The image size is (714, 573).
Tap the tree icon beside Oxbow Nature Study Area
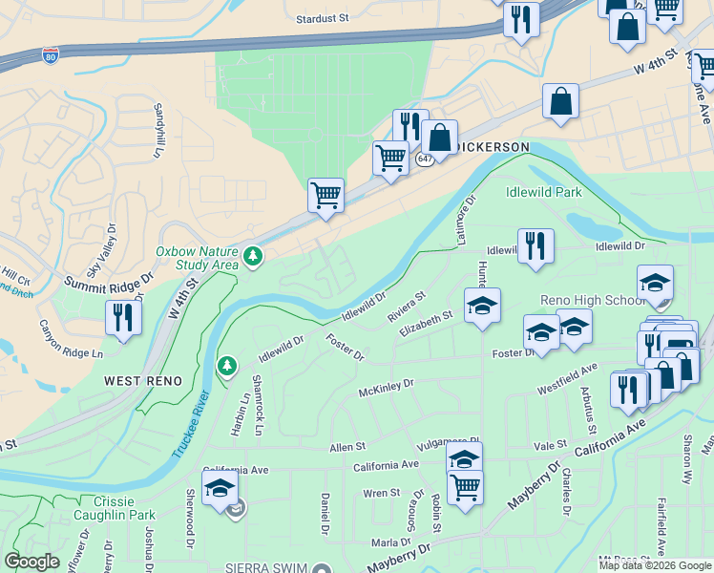point(253,257)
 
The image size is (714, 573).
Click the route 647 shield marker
point(425,159)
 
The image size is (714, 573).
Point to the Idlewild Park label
point(543,192)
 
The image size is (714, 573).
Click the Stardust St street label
point(323,18)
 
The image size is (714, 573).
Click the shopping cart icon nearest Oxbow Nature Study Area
point(325,196)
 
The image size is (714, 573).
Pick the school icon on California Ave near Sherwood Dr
point(220,488)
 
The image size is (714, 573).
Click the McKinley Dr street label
point(386,387)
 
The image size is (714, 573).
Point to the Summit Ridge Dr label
point(108,283)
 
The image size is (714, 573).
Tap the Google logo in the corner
point(31,562)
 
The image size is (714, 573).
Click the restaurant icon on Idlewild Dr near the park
point(535,245)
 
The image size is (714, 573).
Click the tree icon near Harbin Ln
point(226,366)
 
